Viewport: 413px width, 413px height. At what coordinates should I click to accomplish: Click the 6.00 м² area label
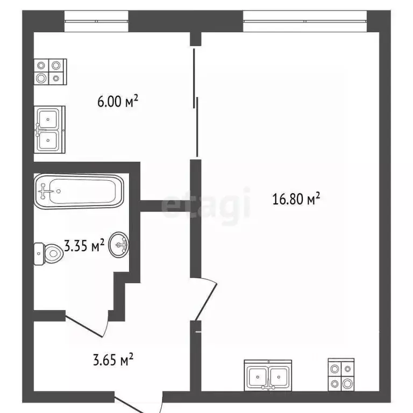(x=118, y=101)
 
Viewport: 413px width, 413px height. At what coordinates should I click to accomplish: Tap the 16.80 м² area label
(x=296, y=200)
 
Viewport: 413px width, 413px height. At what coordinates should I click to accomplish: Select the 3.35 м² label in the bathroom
(x=83, y=246)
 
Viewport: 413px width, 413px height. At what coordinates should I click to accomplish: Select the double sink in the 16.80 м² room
(x=268, y=375)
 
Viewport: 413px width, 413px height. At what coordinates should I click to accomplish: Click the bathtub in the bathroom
(x=79, y=190)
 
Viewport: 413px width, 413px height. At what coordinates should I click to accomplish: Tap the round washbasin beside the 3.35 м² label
(x=119, y=246)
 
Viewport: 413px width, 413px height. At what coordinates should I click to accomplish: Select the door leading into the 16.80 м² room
(x=206, y=299)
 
